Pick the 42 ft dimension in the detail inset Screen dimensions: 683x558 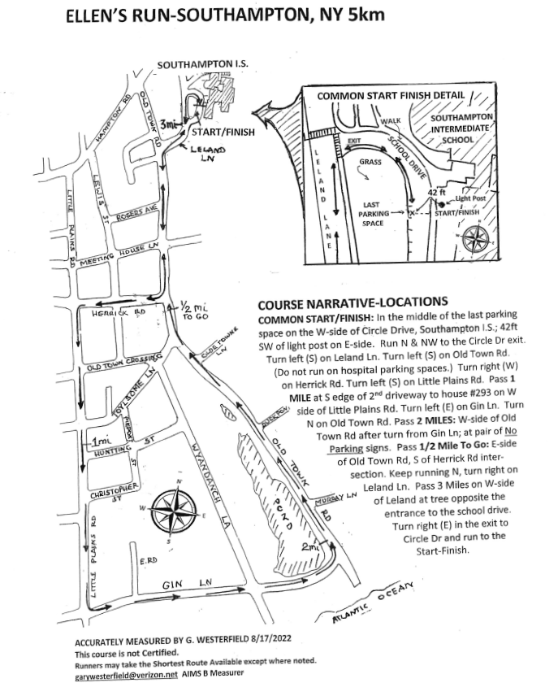pos(438,191)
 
